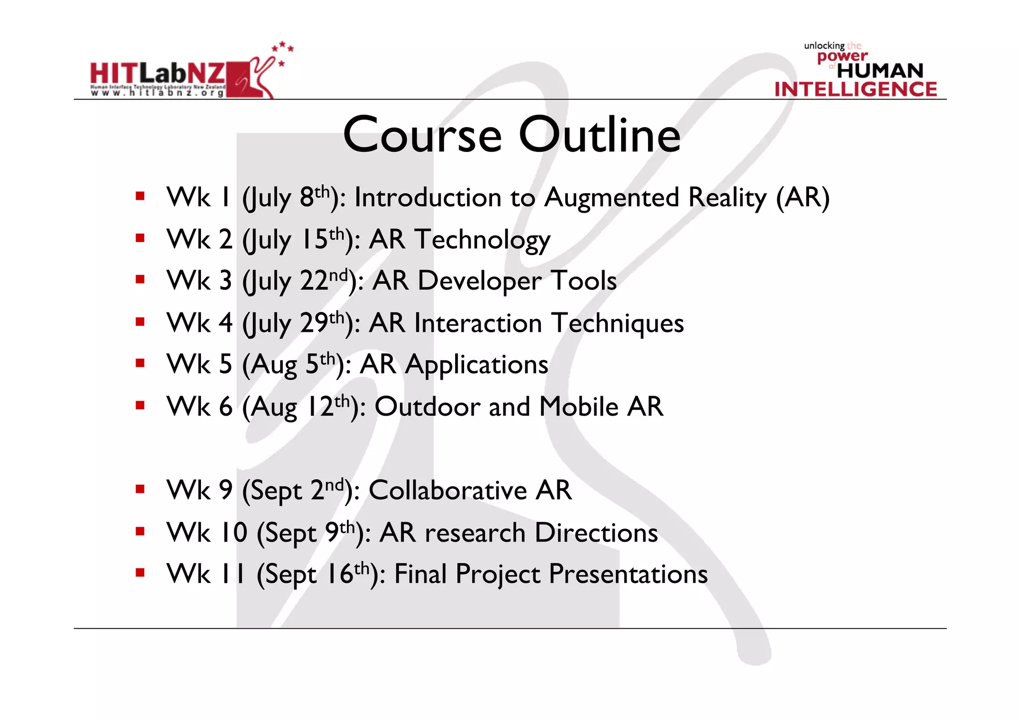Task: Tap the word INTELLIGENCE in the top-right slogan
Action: coord(855,90)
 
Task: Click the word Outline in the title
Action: coord(599,136)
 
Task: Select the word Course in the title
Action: coord(422,136)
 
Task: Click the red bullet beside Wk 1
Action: coord(140,196)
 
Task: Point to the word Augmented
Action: coord(611,198)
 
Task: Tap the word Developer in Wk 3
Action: coord(479,281)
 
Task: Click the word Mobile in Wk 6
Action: coord(578,407)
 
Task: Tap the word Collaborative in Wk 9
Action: coord(447,491)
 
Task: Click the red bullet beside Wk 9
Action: coord(140,489)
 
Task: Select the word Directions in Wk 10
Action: coord(596,533)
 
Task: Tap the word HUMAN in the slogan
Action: coord(879,71)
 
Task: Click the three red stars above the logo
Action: coord(283,49)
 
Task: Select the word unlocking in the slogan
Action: coord(824,46)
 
